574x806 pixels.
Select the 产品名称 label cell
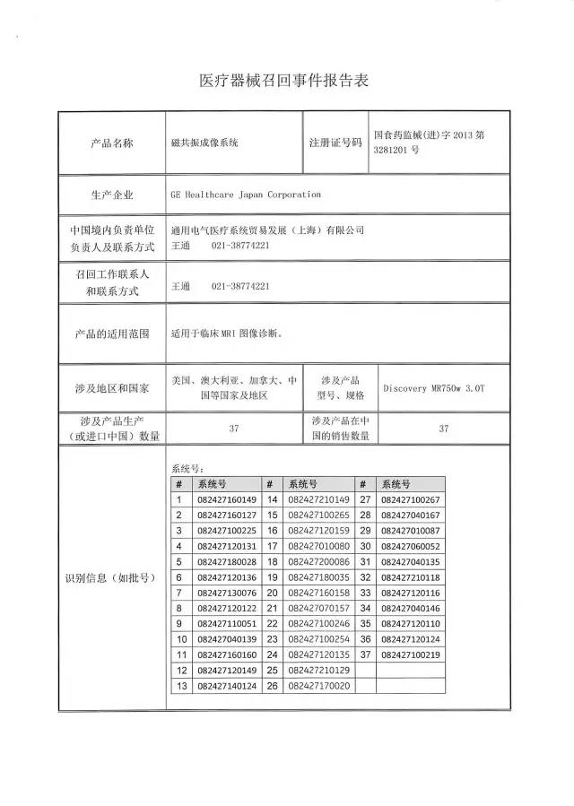point(111,143)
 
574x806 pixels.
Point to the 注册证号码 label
point(335,143)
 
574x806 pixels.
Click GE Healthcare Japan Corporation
point(245,194)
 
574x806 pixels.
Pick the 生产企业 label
point(111,194)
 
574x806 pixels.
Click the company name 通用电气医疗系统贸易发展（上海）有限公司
point(267,230)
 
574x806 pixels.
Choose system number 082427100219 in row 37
point(411,655)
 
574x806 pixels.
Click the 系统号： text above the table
point(187,468)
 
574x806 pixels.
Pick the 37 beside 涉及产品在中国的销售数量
point(443,429)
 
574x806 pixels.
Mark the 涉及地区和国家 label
point(111,388)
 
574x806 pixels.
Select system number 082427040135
point(411,562)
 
